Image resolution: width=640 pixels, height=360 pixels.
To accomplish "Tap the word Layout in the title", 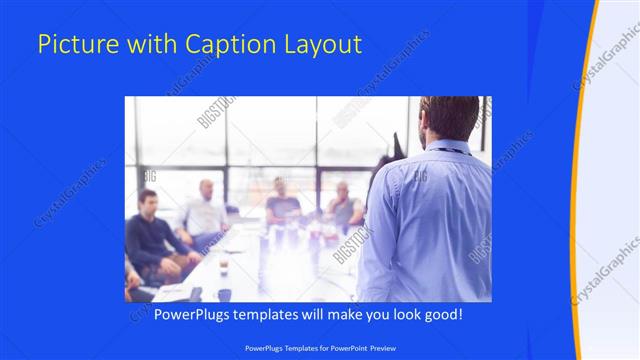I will pos(325,44).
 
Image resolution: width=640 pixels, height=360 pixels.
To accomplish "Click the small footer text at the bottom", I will pos(320,348).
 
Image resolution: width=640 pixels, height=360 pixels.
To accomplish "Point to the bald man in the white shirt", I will pos(204,210).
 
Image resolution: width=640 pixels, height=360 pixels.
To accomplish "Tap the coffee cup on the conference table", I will pos(223,265).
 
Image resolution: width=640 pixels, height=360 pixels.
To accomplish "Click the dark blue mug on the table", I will pos(224,294).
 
